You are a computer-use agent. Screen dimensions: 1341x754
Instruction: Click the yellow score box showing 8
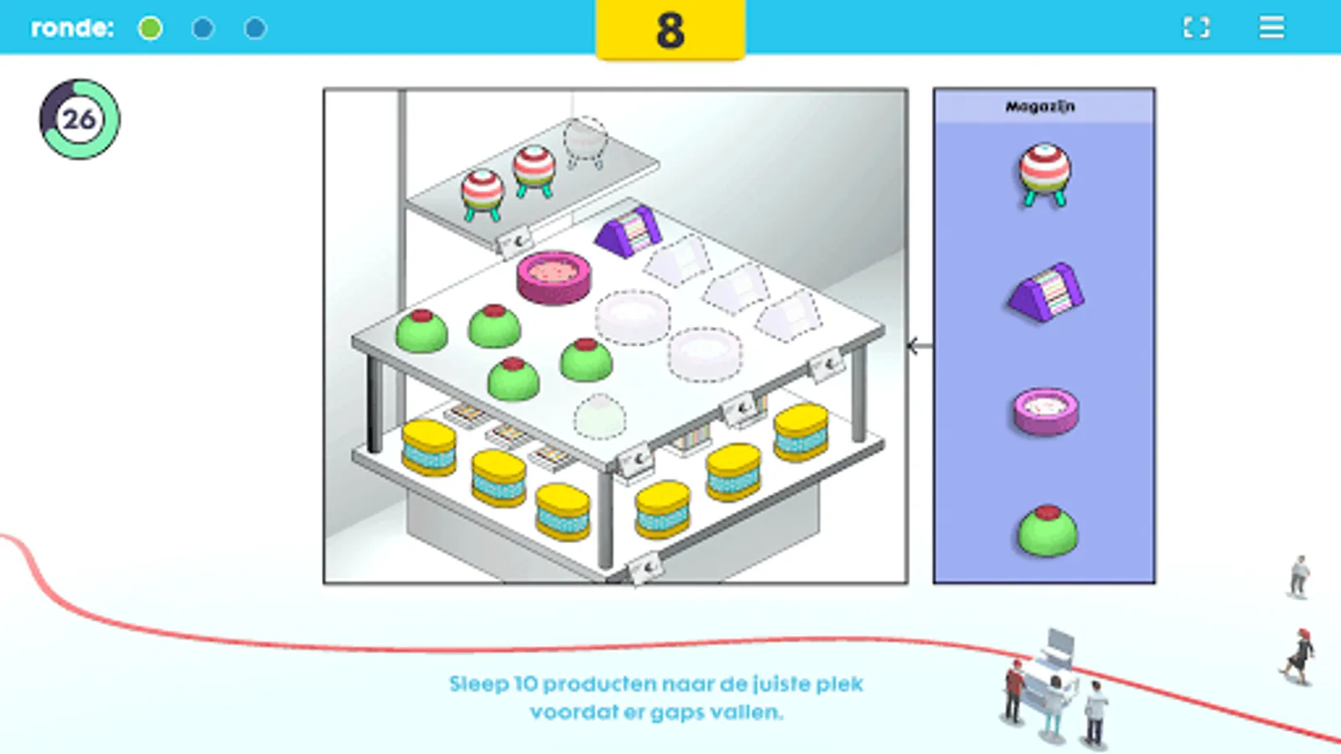click(x=670, y=29)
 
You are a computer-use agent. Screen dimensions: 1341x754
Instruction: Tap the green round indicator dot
click(x=150, y=28)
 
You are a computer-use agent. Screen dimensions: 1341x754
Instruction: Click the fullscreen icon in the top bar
click(x=1196, y=28)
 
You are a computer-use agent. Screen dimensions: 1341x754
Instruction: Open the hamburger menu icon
click(x=1271, y=27)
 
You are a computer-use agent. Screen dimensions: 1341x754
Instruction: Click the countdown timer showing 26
click(x=80, y=119)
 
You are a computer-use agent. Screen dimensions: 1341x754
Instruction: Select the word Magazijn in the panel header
click(x=1040, y=106)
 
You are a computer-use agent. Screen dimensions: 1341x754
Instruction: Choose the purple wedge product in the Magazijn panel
click(x=1046, y=292)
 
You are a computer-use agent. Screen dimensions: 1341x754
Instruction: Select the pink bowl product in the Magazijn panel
click(x=1046, y=411)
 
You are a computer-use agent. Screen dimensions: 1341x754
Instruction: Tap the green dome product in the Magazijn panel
click(x=1047, y=530)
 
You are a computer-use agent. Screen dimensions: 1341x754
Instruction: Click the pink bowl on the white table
click(x=554, y=276)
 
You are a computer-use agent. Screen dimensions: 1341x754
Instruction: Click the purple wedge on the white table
click(x=629, y=231)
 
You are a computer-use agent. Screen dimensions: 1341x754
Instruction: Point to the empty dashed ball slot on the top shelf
click(x=585, y=142)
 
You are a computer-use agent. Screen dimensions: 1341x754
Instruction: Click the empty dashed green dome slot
click(x=600, y=416)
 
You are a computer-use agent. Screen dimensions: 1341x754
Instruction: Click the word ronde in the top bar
click(x=72, y=28)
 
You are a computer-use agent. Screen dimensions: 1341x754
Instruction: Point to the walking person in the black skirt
click(x=1298, y=656)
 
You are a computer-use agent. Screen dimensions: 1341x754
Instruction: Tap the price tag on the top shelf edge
click(x=515, y=242)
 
